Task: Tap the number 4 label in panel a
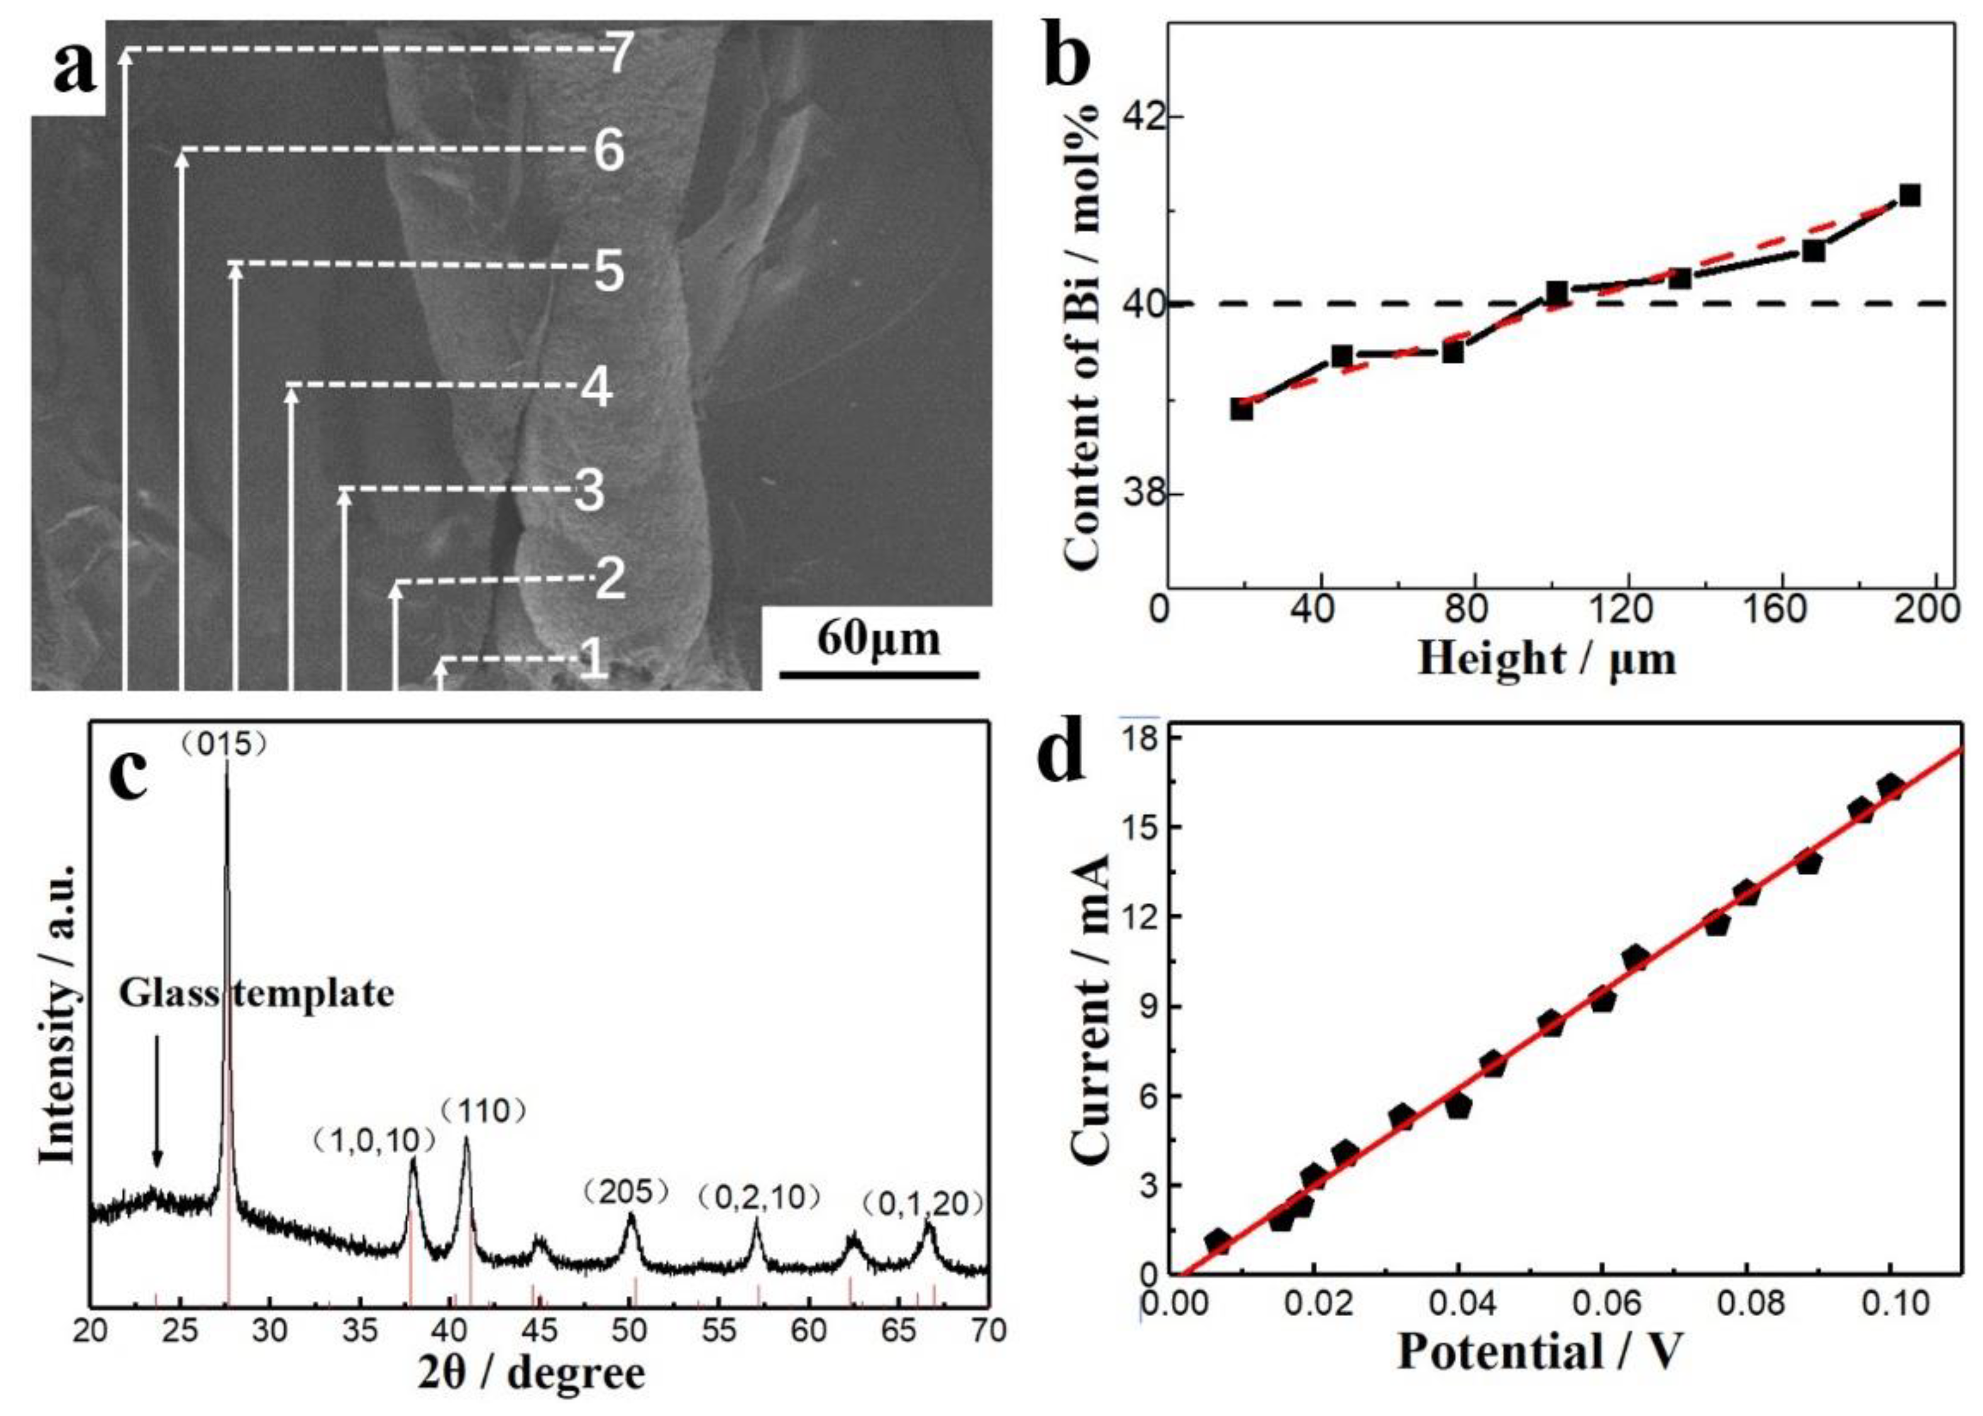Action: click(597, 388)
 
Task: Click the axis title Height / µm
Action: click(1547, 658)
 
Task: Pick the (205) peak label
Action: click(627, 1192)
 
